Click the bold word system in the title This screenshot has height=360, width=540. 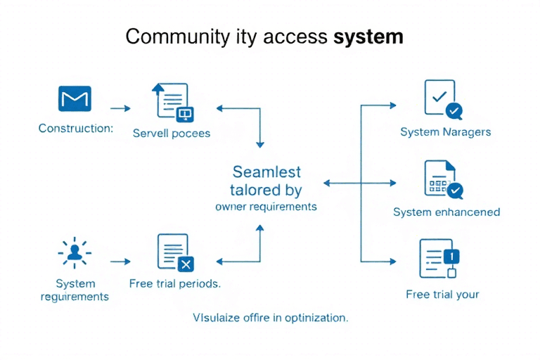point(368,37)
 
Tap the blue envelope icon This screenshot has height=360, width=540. point(75,99)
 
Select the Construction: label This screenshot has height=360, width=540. point(76,129)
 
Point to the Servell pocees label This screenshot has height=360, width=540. point(172,133)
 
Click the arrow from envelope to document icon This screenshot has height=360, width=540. point(121,108)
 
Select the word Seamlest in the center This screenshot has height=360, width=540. point(266,172)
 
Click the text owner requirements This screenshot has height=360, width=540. point(266,207)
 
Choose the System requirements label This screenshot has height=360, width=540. point(75,290)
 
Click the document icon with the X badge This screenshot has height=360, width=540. point(174,252)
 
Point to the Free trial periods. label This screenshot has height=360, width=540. point(175,284)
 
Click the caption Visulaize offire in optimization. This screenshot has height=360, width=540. point(271,318)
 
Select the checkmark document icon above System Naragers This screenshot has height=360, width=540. point(442,98)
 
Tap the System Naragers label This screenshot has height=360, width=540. point(446,131)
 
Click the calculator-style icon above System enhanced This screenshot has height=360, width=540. point(442,179)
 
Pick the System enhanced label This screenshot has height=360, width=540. point(446,212)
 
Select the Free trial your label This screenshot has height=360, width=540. point(443,294)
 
